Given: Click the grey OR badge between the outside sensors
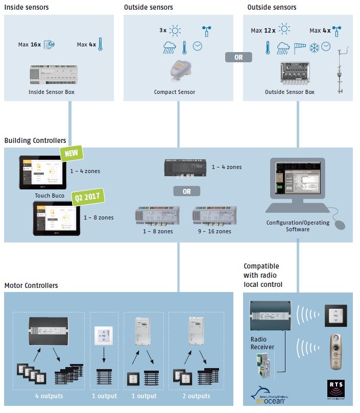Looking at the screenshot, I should pos(238,58).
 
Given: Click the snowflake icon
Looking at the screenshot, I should pos(312,47).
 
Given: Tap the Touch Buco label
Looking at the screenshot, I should pos(49,195).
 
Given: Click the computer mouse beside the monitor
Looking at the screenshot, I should pos(338,223).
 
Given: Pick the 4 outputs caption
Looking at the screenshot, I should pos(49,396).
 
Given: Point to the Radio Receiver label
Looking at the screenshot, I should pos(261,343).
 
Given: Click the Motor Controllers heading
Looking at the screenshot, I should pos(31,285).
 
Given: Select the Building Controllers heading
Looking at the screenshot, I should pos(35,140).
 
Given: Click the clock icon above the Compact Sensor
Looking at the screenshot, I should pos(198,47).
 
